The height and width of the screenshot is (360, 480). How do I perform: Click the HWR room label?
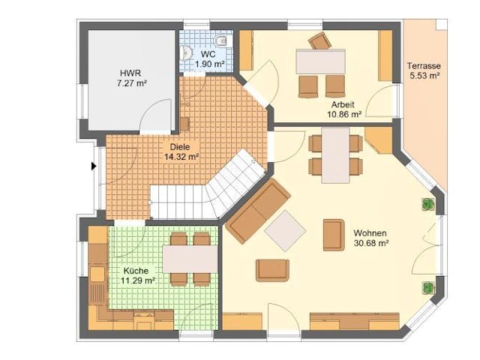click(x=130, y=73)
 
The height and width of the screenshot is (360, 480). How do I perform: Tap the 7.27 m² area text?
click(x=130, y=83)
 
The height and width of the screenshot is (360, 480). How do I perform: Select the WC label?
click(x=208, y=55)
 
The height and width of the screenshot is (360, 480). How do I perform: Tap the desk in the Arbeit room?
click(x=320, y=61)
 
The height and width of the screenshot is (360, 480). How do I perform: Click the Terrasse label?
click(x=424, y=64)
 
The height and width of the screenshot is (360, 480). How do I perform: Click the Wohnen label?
click(x=370, y=233)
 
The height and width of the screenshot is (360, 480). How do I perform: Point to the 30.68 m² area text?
click(x=370, y=244)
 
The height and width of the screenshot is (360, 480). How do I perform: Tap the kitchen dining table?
click(x=190, y=259)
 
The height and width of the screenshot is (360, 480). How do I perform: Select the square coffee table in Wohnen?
click(x=285, y=230)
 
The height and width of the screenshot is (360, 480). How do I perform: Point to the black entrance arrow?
click(x=94, y=166)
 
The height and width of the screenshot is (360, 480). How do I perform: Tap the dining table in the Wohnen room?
click(x=335, y=155)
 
